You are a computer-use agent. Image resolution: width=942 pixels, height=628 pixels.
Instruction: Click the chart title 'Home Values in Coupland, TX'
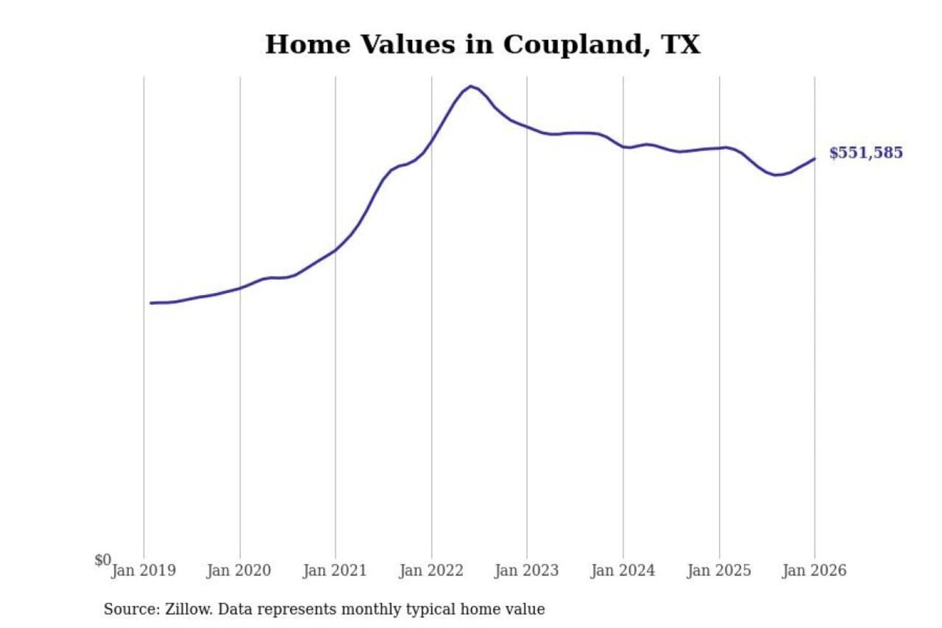click(482, 44)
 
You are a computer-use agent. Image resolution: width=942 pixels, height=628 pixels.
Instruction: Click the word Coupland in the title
click(573, 44)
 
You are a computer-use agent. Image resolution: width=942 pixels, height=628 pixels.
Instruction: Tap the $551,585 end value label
click(865, 152)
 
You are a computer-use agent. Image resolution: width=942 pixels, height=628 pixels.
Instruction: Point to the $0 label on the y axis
click(103, 560)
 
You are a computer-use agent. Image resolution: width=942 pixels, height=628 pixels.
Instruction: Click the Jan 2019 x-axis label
click(143, 570)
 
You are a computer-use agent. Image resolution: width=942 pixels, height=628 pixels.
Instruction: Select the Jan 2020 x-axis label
click(239, 570)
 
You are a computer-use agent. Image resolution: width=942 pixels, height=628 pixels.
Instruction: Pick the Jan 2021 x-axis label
click(335, 570)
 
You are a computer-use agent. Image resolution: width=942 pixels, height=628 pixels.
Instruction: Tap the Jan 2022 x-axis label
click(431, 570)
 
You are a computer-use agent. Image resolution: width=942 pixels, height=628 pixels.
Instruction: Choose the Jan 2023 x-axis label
click(527, 570)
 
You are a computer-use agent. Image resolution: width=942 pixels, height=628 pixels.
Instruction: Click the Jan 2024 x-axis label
click(623, 570)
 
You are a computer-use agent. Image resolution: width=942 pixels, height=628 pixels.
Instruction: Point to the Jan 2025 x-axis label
click(719, 570)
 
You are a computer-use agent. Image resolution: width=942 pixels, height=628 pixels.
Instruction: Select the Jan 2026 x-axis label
click(814, 570)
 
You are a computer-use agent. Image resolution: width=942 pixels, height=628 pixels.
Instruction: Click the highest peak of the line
click(470, 86)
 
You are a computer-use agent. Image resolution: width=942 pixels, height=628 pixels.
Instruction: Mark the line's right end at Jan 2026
click(814, 158)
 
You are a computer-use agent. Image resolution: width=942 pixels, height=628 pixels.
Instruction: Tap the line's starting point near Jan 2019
click(151, 303)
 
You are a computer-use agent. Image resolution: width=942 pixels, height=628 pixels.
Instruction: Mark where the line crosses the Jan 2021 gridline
click(336, 249)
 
